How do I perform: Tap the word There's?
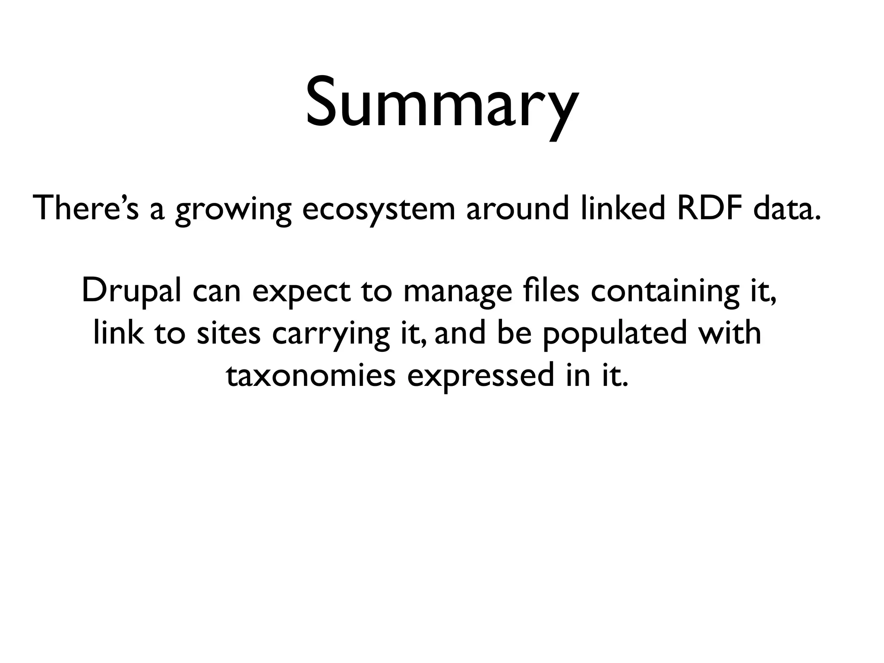coord(86,208)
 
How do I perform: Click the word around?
coord(518,208)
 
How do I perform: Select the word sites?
coord(229,333)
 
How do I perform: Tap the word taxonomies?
coord(311,376)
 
